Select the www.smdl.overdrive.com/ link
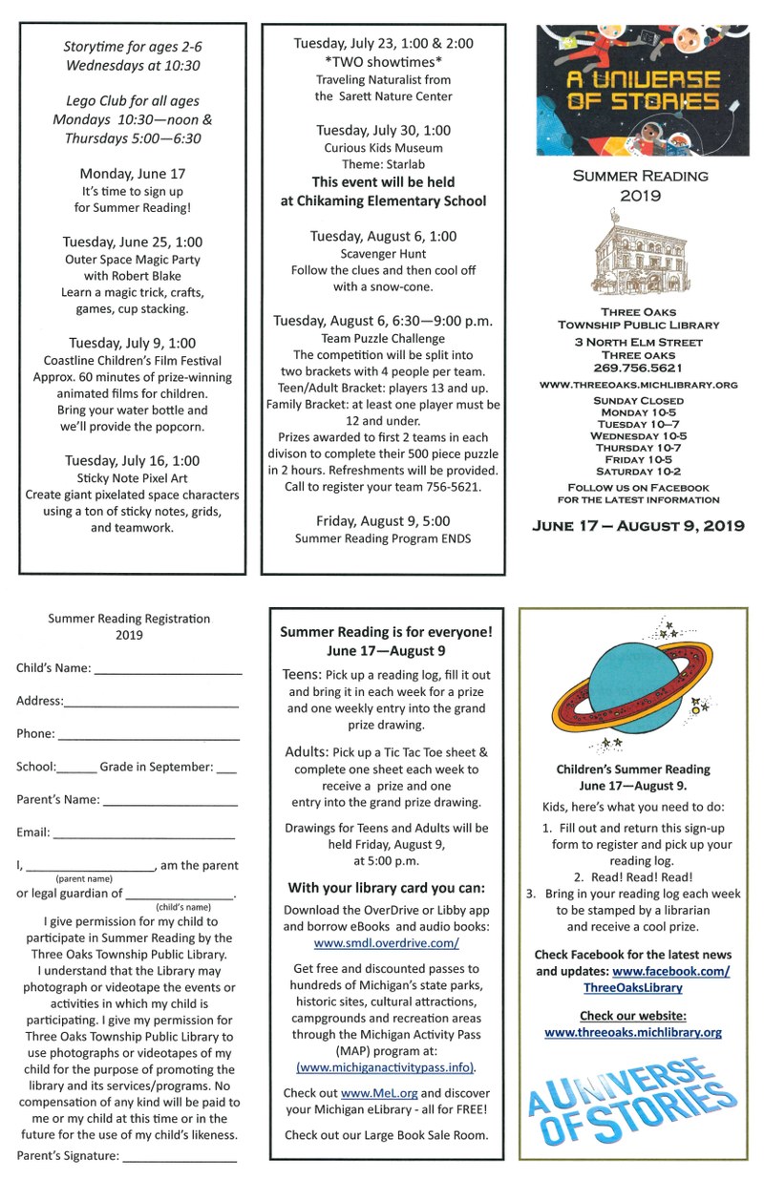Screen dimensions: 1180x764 point(386,943)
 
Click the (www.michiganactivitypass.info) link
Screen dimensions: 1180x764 point(386,1067)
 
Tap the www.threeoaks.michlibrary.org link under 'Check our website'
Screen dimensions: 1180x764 point(633,1032)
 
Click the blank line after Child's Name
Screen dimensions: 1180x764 point(169,671)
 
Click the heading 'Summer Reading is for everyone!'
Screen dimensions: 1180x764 point(386,631)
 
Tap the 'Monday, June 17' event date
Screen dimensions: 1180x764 point(133,174)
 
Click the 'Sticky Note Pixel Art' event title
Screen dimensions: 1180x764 point(133,477)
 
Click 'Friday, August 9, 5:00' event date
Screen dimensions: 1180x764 point(382,520)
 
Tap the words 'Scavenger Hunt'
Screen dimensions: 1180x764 point(382,253)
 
